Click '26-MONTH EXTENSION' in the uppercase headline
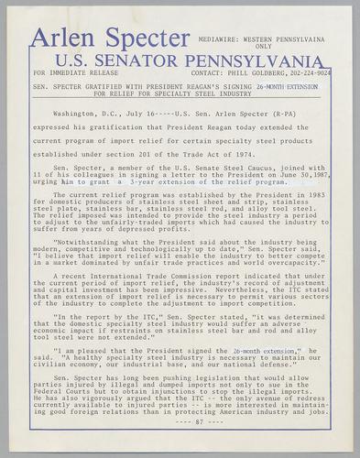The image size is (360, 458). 288,86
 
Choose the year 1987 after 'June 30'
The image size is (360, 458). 319,175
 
